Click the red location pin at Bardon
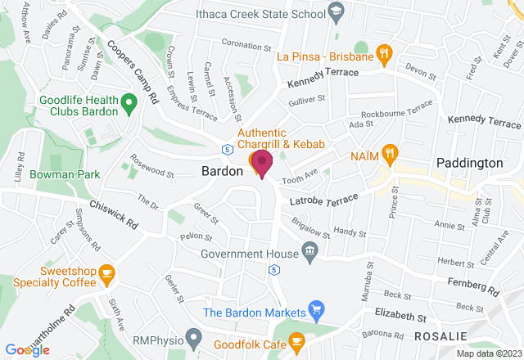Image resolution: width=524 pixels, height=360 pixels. click(262, 162)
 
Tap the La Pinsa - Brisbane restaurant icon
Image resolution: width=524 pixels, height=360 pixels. click(383, 56)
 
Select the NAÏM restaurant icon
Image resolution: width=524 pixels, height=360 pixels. click(391, 152)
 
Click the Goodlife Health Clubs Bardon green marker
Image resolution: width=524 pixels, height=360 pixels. click(128, 102)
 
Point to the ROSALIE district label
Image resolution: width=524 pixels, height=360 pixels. click(441, 335)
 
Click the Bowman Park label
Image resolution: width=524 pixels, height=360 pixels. click(64, 174)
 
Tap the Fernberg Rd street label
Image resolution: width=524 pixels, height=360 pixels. click(472, 286)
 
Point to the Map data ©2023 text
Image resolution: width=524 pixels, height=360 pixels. click(488, 353)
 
